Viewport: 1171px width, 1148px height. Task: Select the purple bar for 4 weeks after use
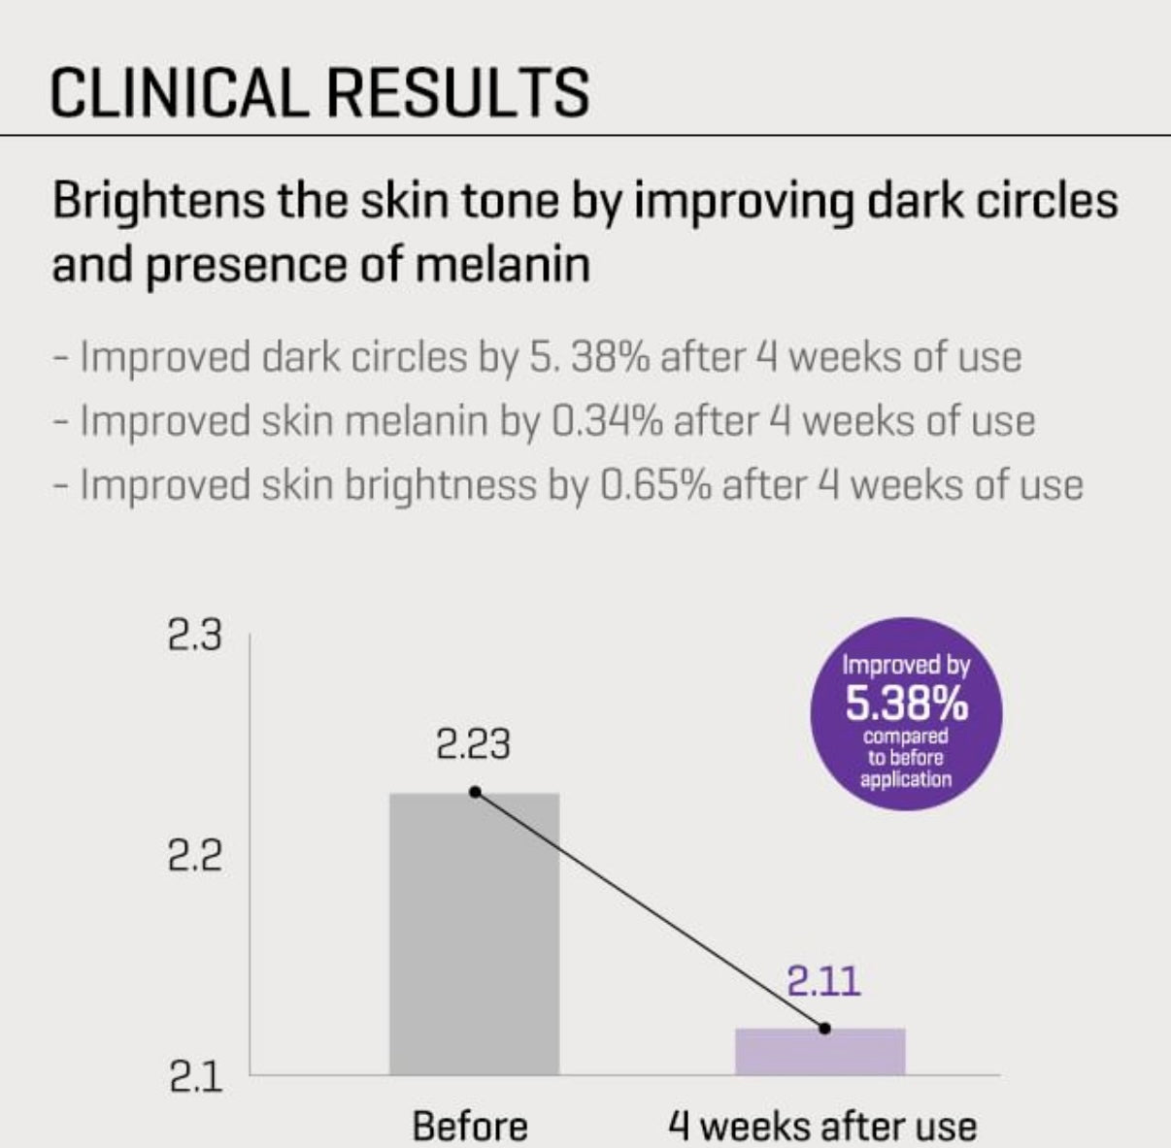click(x=820, y=1051)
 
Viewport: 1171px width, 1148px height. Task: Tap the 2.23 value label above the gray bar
click(x=473, y=745)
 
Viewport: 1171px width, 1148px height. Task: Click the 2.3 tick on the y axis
click(x=194, y=636)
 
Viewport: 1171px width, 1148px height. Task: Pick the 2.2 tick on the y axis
click(x=194, y=857)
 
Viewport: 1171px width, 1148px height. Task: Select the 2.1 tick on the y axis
click(x=194, y=1078)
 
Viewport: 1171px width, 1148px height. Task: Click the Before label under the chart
click(x=470, y=1126)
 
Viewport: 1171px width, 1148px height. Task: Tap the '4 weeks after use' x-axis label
click(x=821, y=1126)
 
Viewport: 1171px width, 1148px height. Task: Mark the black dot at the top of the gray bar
click(x=475, y=792)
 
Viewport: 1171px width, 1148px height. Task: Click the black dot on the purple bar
click(x=824, y=1028)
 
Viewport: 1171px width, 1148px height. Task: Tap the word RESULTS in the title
click(x=456, y=93)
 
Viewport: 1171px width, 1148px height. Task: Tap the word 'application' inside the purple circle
click(x=905, y=778)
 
